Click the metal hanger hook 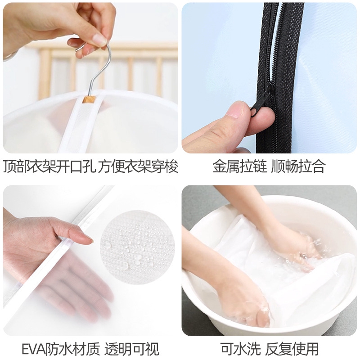(100, 67)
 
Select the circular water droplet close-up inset (137, 243)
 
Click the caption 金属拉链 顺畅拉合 (269, 166)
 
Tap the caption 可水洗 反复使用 (269, 348)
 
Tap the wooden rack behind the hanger (135, 63)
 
